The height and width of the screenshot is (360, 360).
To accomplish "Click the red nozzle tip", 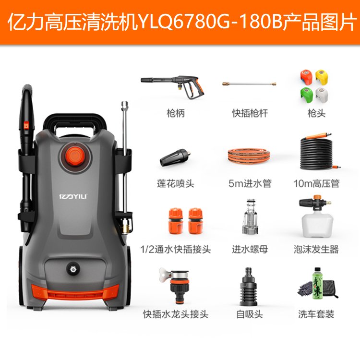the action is pos(306,77).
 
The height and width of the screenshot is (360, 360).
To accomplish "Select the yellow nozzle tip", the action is pos(322,77).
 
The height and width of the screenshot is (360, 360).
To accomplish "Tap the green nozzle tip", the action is pos(307,95).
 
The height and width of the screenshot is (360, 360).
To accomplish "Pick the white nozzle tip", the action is pos(322,95).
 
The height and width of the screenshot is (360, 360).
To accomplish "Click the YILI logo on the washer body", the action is pos(73,196).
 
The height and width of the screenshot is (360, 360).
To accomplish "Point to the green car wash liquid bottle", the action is pos(317,283).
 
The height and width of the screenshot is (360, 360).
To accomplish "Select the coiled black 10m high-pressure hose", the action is pos(317,152).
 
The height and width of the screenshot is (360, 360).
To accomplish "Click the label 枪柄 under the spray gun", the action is pos(175,113).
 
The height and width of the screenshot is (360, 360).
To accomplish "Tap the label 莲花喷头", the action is pos(176,184).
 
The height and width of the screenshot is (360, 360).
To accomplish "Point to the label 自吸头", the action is pos(249,314).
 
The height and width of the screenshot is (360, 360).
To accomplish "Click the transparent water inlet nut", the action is pos(250,217).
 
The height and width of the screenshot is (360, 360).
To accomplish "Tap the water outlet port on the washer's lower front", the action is pos(73,269).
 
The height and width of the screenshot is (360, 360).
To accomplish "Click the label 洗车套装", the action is pos(316,314).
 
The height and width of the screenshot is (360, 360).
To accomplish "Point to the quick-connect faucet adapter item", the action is pos(176,286).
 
